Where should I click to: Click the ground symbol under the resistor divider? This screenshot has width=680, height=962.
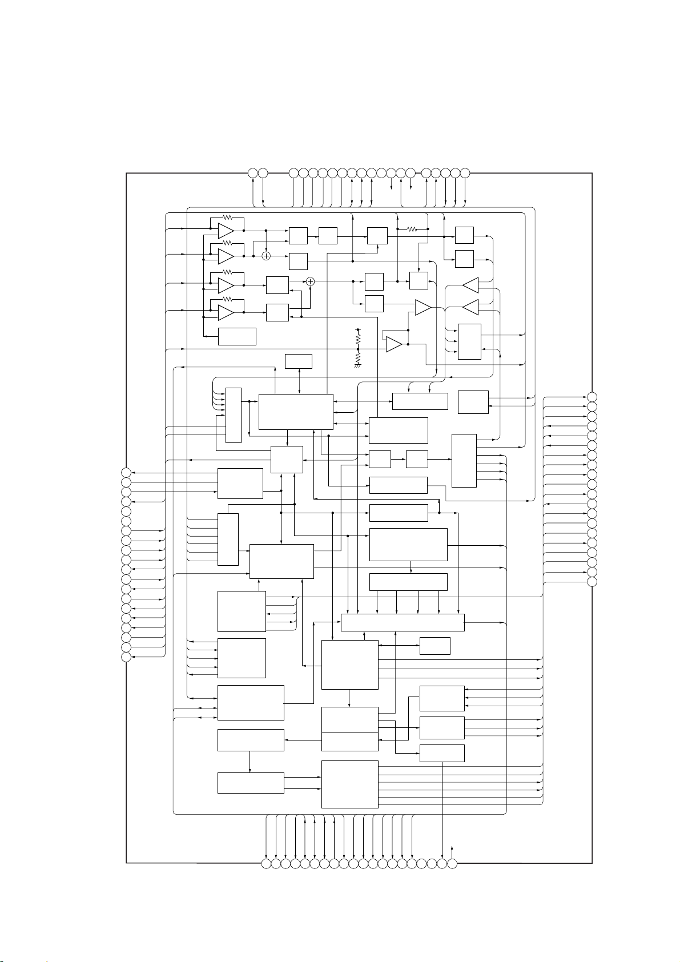point(358,366)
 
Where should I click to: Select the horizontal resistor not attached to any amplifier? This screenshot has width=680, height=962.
point(412,229)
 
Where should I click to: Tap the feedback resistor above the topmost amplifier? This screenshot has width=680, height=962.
point(227,218)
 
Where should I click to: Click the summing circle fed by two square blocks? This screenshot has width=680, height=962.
point(311,281)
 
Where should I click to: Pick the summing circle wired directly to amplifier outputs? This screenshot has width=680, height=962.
point(266,256)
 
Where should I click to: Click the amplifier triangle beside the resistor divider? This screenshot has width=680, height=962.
point(394,344)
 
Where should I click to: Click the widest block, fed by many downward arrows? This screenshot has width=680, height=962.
point(403,622)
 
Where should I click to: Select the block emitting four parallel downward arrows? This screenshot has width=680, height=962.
point(408,582)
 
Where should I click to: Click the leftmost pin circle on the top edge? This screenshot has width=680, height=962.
point(253,172)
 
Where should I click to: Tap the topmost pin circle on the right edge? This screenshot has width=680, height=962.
point(593,397)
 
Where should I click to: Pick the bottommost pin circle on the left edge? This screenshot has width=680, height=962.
point(126,657)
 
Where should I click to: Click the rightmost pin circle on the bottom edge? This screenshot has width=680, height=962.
point(452,864)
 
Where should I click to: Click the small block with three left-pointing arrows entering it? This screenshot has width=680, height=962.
point(441,698)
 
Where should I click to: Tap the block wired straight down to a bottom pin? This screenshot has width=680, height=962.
point(441,753)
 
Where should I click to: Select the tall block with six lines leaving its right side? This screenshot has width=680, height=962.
point(349,784)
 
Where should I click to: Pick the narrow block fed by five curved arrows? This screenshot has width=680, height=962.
point(234,414)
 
